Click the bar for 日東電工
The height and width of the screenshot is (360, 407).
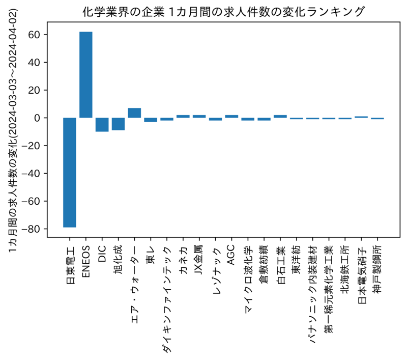coord(70,173)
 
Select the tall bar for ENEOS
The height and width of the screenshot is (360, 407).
coord(86,75)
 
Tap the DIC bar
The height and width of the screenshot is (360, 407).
coord(102,125)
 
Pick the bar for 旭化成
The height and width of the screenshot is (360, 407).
coord(119,124)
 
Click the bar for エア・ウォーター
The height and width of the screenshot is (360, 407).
coord(134,113)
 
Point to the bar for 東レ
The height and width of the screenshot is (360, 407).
coord(151,120)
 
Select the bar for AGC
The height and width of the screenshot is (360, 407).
coord(231,117)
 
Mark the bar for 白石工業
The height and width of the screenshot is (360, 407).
coord(280,117)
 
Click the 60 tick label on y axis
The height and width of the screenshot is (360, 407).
coord(34,35)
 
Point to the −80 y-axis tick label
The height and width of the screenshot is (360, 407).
coord(31,229)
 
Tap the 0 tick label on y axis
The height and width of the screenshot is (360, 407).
coord(37,118)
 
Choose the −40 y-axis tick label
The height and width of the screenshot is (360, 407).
coord(31,174)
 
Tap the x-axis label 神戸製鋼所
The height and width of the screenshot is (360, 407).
coord(377,270)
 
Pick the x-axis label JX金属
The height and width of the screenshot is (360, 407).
coord(199,260)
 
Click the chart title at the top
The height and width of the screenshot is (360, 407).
coord(223,12)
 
